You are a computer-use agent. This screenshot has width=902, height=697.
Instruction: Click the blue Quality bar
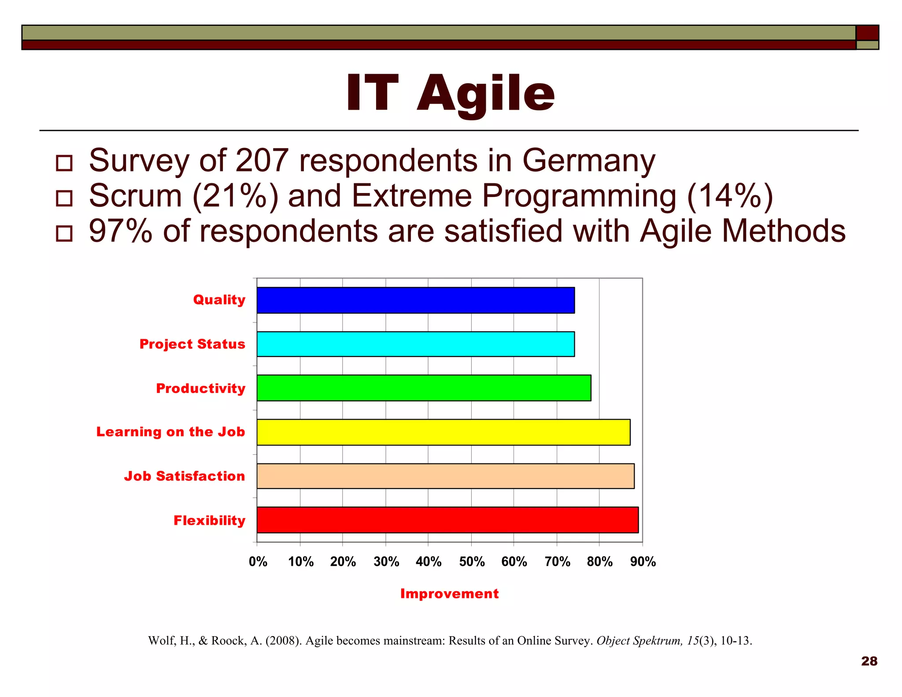click(415, 300)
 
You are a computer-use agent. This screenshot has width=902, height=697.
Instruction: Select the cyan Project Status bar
click(415, 344)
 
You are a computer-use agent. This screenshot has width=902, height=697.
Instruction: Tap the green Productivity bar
click(424, 388)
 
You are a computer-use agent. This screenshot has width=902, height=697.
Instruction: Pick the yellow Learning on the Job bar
click(443, 432)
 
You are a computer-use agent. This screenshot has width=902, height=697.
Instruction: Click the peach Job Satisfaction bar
click(445, 476)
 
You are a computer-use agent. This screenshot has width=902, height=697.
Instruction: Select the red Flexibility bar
click(447, 520)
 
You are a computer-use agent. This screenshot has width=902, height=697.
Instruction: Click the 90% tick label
click(643, 561)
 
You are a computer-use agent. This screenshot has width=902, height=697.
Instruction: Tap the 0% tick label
click(258, 561)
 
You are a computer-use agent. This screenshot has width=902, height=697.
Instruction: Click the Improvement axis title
click(449, 593)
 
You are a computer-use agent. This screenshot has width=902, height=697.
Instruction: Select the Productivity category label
click(200, 388)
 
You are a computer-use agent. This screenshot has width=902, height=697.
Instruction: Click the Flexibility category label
click(209, 520)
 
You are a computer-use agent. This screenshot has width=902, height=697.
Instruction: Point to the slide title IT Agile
click(450, 93)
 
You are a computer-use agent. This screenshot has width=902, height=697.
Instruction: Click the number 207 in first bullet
click(262, 160)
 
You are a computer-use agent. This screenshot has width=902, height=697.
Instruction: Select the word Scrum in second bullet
click(135, 196)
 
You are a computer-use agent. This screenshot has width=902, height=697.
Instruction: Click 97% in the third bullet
click(120, 231)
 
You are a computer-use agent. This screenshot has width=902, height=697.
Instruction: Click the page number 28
click(869, 661)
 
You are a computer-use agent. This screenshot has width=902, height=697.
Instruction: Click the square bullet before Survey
click(64, 163)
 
